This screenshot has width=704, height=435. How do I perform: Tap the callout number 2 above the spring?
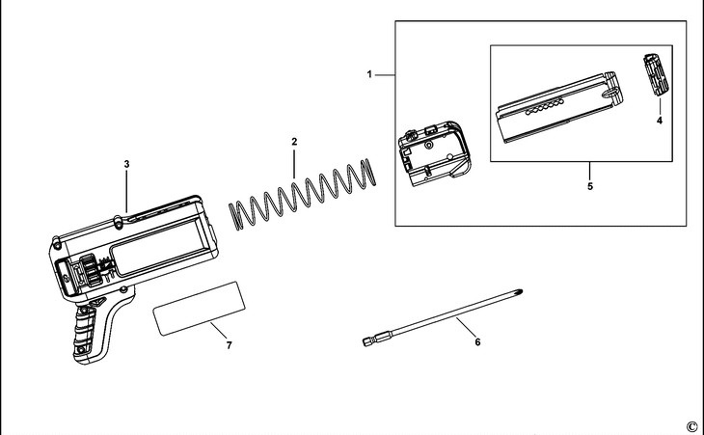click(293, 142)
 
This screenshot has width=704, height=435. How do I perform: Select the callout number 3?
click(126, 164)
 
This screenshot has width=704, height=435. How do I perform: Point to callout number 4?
click(660, 121)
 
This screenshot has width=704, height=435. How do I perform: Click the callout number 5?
click(589, 186)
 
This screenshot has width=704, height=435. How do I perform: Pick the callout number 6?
click(474, 340)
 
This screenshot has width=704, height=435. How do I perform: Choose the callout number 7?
click(229, 343)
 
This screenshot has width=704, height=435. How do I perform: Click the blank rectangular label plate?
click(200, 308)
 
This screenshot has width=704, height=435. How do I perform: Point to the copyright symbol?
click(690, 425)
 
